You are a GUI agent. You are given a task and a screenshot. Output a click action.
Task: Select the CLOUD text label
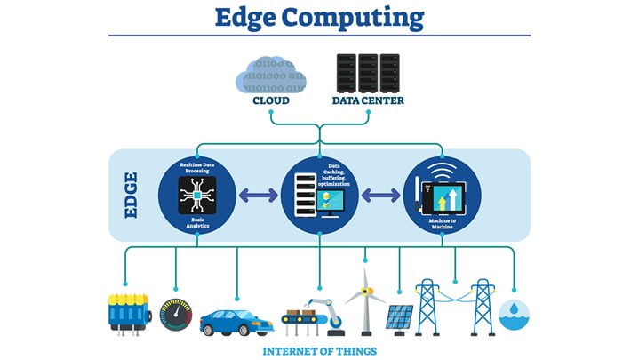[271, 100]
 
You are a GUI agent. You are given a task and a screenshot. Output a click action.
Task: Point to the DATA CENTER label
[368, 100]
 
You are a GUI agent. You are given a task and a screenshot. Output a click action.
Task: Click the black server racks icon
[368, 70]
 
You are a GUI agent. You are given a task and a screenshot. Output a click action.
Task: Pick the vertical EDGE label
[131, 195]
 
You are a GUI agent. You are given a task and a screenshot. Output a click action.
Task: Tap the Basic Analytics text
[197, 221]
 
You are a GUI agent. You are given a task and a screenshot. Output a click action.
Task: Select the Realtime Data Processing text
[197, 168]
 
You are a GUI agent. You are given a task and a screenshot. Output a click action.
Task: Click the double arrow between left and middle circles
[258, 195]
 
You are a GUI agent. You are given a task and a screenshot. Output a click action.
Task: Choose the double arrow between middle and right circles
[379, 195]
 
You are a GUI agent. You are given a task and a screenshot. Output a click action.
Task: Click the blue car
[235, 321]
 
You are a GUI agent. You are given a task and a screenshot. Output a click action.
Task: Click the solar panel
[399, 317]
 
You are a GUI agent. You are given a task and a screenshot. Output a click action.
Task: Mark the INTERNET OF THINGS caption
[319, 351]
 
